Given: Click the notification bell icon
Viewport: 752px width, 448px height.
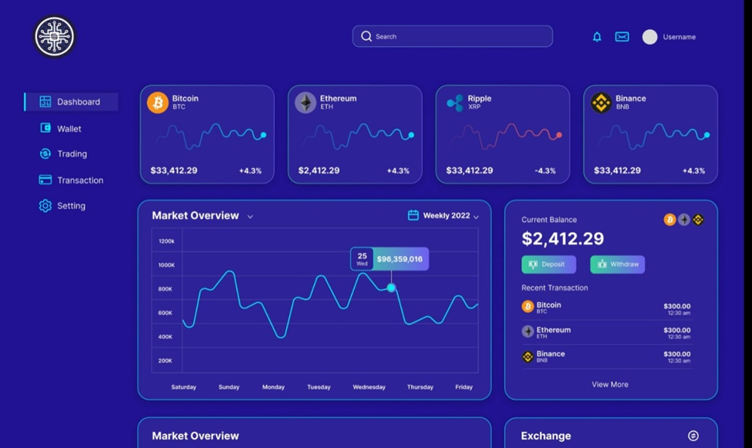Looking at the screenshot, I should pos(597,37).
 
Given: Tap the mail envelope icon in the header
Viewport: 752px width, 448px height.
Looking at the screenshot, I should pos(622,37).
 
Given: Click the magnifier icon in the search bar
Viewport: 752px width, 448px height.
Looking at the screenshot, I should pos(366,36).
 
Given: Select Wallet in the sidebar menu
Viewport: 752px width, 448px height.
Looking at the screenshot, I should pos(69,129).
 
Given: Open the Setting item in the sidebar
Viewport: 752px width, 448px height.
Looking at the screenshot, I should pos(71,206).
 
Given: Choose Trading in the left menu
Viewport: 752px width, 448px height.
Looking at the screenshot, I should pos(72,154).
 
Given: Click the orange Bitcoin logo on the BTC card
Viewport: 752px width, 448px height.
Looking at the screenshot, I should pos(158,103).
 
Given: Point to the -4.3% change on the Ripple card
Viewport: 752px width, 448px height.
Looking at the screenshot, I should pos(545,170).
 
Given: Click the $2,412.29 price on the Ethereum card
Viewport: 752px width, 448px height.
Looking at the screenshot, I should pos(319,170).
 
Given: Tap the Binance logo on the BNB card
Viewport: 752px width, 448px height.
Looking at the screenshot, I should pos(601,103).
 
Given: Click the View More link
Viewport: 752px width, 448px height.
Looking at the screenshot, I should pos(610,384).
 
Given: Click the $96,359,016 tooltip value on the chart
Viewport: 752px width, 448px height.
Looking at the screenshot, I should pos(400,259).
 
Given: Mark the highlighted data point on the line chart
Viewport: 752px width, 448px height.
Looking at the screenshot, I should pos(392,288).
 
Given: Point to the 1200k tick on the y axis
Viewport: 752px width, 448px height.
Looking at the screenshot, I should pos(167,241).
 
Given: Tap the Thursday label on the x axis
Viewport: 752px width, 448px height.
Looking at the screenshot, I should pos(420,387).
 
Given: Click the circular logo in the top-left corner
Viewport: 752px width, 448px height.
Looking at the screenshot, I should pos(54,36).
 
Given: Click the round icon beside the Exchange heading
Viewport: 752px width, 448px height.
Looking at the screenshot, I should pos(693,436).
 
